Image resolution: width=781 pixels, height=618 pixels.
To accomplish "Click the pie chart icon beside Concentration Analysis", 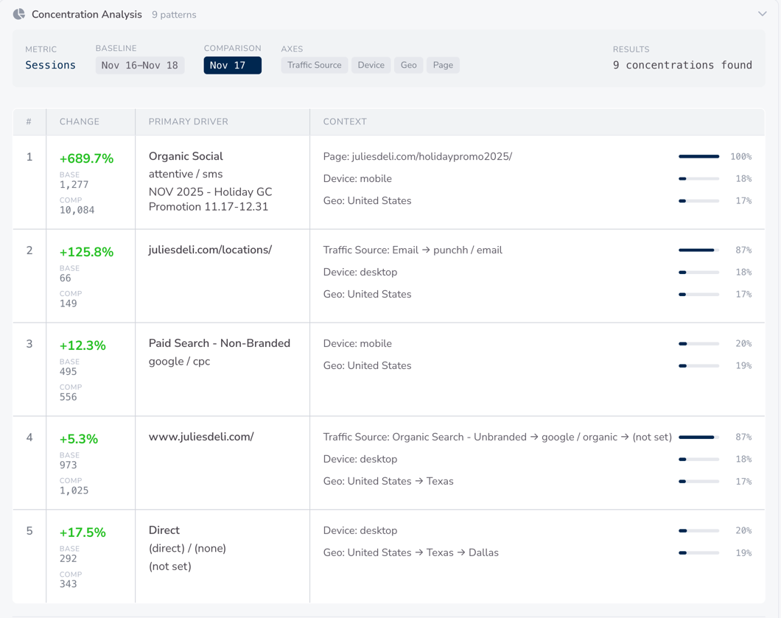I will [19, 14].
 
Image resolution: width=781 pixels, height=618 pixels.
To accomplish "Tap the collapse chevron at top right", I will [762, 14].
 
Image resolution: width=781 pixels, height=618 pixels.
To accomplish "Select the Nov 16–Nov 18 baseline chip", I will [140, 66].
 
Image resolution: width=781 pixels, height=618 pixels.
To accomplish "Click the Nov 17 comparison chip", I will [232, 66].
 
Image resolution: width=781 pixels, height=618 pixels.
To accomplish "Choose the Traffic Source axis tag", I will [314, 66].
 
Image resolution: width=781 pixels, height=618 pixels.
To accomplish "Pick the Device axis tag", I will [371, 66].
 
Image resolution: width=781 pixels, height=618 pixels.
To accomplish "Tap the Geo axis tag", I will [408, 66].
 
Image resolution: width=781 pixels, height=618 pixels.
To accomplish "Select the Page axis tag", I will [443, 66].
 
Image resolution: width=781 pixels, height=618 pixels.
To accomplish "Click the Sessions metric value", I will [50, 66].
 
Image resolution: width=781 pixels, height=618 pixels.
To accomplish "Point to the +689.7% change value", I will [86, 158].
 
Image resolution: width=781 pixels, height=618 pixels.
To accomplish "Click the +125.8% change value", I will [86, 252].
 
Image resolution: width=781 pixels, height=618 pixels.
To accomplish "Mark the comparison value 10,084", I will [77, 210].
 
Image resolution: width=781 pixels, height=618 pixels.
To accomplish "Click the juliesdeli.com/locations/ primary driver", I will [210, 250].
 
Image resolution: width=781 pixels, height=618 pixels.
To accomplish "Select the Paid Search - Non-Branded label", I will [220, 343].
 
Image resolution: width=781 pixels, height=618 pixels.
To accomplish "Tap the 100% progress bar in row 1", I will [698, 157].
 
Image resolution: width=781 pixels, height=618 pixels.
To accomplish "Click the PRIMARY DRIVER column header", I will [189, 122].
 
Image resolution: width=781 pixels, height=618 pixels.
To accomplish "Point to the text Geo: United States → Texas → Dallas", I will [410, 552].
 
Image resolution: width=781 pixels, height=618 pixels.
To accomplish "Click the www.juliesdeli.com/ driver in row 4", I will [201, 437].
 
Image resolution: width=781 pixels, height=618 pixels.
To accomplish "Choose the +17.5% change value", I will [83, 533].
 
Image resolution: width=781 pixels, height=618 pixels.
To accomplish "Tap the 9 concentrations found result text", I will [682, 66].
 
